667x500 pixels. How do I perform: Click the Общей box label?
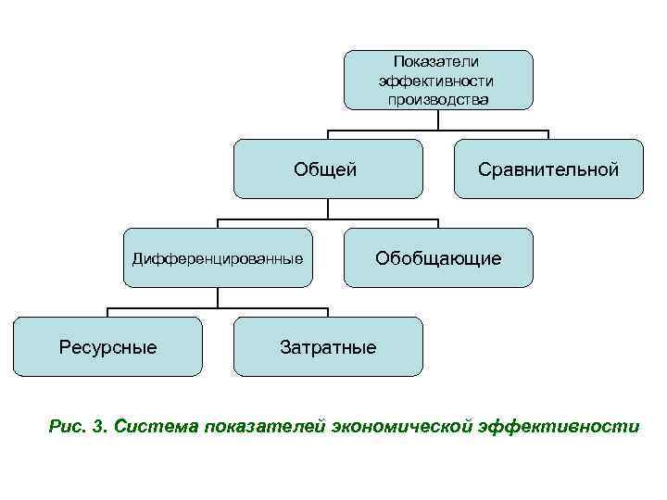point(325,169)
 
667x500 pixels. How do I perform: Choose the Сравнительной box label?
point(547,169)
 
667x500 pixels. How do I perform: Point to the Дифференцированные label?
point(218,258)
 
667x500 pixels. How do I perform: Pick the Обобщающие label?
point(438,258)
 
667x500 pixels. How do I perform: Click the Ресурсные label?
point(107,347)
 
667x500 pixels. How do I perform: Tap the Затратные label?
point(328,347)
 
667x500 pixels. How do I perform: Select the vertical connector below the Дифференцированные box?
point(218,296)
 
